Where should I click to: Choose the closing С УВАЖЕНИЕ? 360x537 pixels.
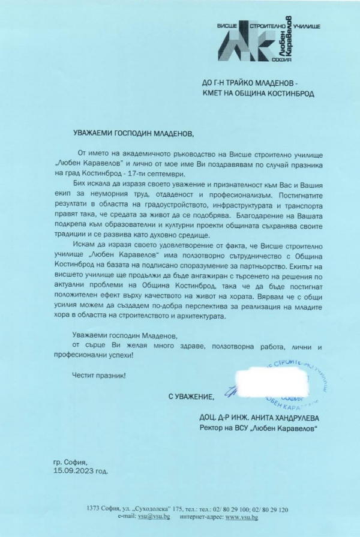pos(191,397)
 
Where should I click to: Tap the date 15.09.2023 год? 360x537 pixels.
pos(81,472)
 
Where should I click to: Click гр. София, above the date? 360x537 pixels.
pos(70,463)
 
